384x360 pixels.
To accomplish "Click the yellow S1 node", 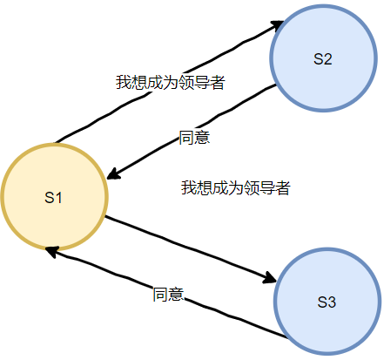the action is click(55, 197).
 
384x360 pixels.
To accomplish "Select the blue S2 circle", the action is click(323, 58).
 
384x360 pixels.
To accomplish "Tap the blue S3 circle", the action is click(327, 302).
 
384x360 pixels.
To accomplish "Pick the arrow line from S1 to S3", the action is click(189, 248).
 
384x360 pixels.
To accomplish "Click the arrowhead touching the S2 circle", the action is click(278, 25).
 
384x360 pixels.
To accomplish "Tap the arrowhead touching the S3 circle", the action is click(270, 278).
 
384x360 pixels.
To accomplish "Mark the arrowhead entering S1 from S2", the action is click(114, 173).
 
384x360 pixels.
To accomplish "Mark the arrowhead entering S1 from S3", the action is click(52, 251).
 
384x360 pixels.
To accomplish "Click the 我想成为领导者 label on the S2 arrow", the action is click(171, 83).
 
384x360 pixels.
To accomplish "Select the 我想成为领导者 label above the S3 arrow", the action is click(236, 187).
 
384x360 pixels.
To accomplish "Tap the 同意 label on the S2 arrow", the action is click(194, 138).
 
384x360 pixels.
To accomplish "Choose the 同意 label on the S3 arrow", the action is click(168, 294).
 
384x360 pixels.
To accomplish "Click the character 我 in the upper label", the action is click(124, 83).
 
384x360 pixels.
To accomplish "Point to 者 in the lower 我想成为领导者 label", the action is click(283, 187).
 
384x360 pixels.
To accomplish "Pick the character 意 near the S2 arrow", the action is click(202, 138).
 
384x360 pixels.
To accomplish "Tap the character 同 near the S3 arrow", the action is click(160, 294).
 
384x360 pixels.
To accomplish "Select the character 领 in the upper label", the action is click(186, 83).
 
